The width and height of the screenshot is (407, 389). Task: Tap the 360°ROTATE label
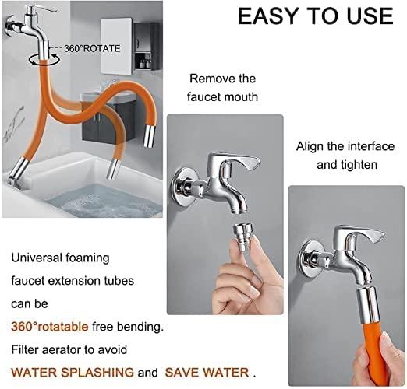pyautogui.click(x=91, y=48)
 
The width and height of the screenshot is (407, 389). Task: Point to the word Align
pyautogui.click(x=310, y=145)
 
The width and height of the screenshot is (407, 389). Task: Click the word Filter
pyautogui.click(x=26, y=349)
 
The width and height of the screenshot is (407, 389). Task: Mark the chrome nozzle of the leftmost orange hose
pyautogui.click(x=21, y=167)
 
